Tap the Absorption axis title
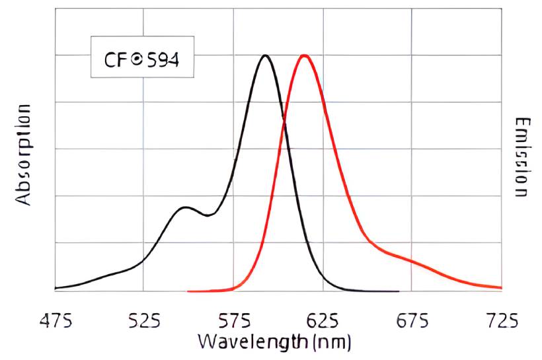tap(24, 153)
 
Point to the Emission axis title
tap(522, 157)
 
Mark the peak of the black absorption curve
tap(266, 55)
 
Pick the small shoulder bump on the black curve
tap(186, 208)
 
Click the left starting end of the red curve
tap(189, 291)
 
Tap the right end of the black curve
tap(398, 291)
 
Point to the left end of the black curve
tap(56, 288)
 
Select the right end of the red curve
tap(501, 288)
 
